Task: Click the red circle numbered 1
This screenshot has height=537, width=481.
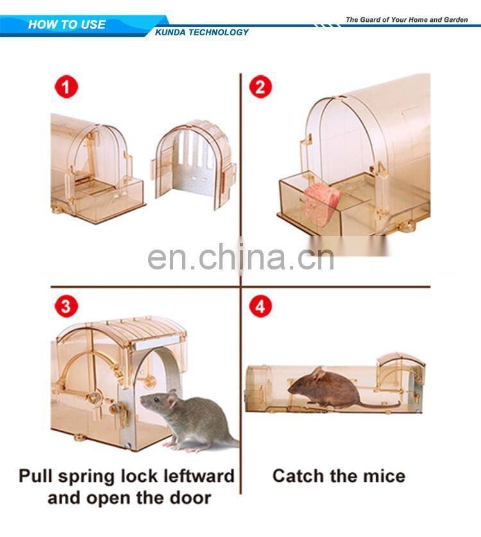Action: (x=67, y=87)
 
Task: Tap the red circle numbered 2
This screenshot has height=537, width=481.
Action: (x=260, y=87)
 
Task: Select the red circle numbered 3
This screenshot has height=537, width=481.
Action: (x=67, y=306)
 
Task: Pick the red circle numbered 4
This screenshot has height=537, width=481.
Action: (x=260, y=306)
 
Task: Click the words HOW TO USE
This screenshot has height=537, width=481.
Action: (x=67, y=24)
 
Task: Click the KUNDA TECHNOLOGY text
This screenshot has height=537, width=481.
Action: (x=202, y=32)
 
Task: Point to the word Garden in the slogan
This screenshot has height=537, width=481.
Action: (x=455, y=20)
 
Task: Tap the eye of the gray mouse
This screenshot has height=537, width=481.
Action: (x=156, y=400)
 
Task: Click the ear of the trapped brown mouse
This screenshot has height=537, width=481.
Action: (x=318, y=373)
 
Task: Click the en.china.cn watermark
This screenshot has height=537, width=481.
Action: (x=240, y=257)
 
